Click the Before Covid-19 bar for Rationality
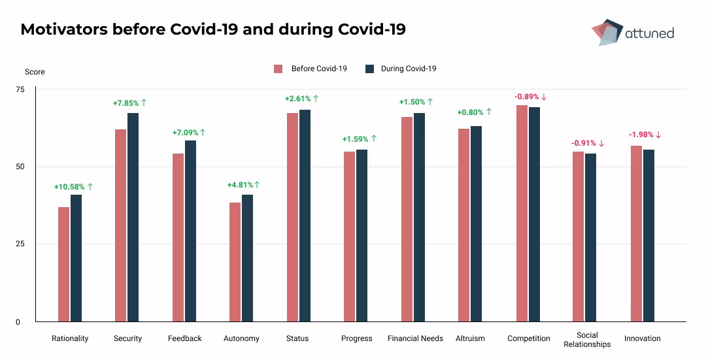tap(63, 264)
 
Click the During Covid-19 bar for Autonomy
tap(248, 258)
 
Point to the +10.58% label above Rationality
tap(73, 187)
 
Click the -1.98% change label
tap(645, 135)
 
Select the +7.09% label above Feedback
tap(188, 133)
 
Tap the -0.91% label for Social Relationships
tap(588, 143)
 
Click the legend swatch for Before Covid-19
tap(278, 69)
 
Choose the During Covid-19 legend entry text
tap(409, 69)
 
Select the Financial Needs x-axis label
tap(415, 338)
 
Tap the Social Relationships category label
tap(587, 340)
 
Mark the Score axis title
tap(35, 72)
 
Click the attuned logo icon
tap(605, 32)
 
